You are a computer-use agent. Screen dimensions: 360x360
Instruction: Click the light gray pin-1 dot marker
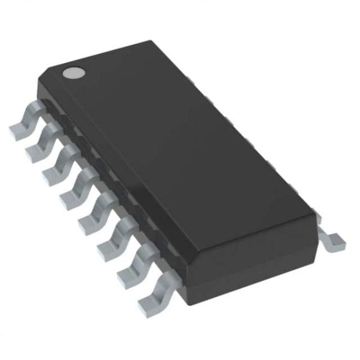click(x=73, y=73)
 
